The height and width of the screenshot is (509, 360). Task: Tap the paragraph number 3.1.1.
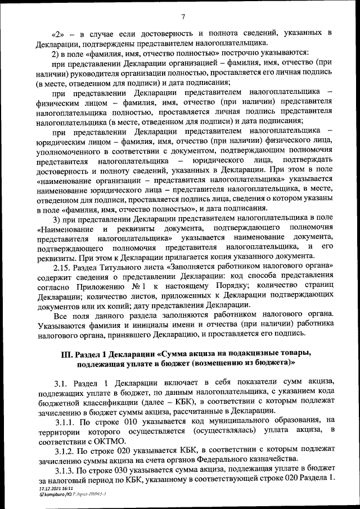[65, 420]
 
